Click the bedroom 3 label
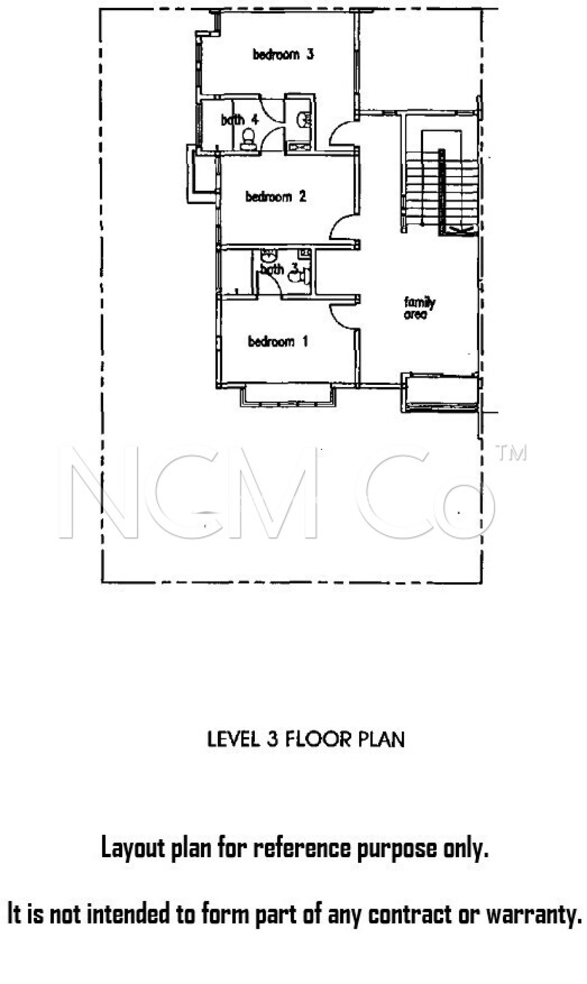click(x=283, y=54)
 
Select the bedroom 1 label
click(x=277, y=342)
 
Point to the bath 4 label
click(x=239, y=120)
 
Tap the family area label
click(x=419, y=308)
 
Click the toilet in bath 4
click(x=249, y=140)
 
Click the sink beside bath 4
click(x=304, y=119)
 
